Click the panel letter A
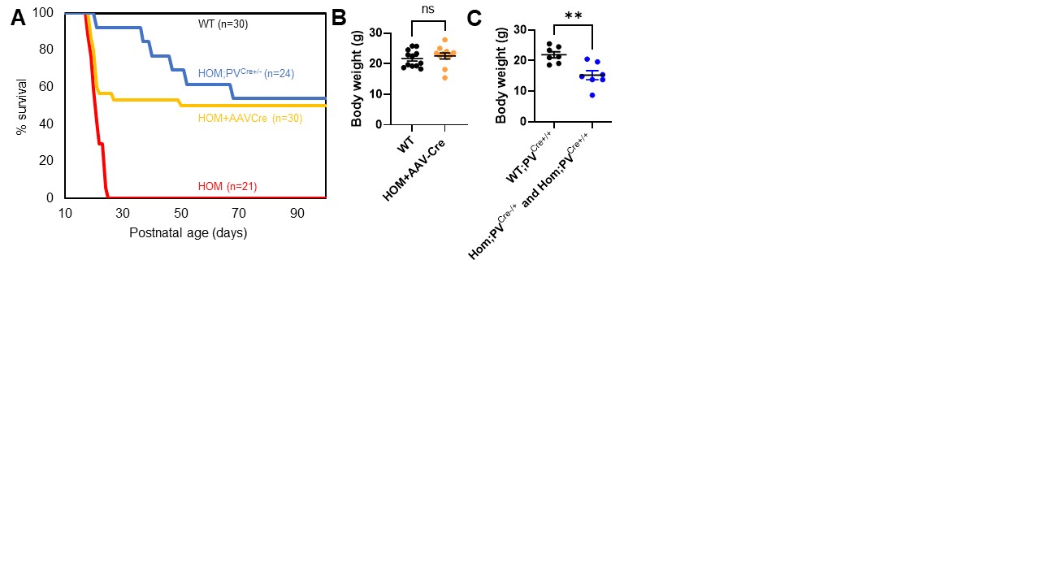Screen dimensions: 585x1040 (x=18, y=19)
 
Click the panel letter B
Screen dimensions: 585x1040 (x=340, y=19)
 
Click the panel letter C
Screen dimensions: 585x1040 (x=474, y=19)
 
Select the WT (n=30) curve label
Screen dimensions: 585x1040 (x=223, y=24)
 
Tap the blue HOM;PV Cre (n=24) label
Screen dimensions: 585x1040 (x=245, y=73)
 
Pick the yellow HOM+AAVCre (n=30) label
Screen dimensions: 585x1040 (x=250, y=119)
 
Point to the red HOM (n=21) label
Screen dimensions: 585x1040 (x=227, y=187)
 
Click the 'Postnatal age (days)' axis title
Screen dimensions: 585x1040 (x=188, y=233)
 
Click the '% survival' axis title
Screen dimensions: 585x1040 (x=22, y=106)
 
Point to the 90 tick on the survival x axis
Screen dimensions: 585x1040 (x=297, y=213)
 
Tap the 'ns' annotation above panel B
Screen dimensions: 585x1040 (x=428, y=9)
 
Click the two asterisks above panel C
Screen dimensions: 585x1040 (x=574, y=15)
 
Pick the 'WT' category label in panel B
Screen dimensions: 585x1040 (x=405, y=145)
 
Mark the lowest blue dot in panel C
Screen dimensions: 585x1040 (x=593, y=95)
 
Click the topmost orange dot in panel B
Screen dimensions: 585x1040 (x=444, y=40)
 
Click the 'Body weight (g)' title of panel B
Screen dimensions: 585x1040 (x=356, y=79)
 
